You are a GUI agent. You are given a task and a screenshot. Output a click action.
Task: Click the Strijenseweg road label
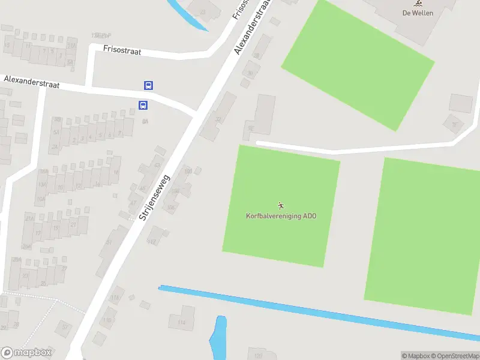pyautogui.click(x=155, y=197)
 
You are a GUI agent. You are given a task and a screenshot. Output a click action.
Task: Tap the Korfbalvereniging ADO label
pyautogui.click(x=281, y=216)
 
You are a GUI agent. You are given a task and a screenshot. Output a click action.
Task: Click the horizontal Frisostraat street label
pyautogui.click(x=122, y=52)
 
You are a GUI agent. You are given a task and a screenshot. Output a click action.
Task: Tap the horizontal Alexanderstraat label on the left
pyautogui.click(x=31, y=82)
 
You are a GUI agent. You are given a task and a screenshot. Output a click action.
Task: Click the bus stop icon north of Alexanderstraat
pyautogui.click(x=148, y=86)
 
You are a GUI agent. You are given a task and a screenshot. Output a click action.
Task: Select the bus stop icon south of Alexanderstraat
pyautogui.click(x=143, y=106)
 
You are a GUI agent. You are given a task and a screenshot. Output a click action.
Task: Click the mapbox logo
pyautogui.click(x=26, y=353)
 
